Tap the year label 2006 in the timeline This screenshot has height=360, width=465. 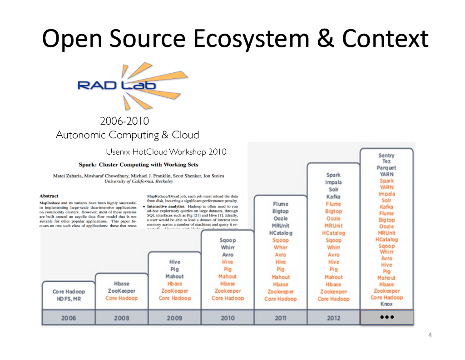[x=69, y=318]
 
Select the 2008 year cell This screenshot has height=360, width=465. [x=121, y=318]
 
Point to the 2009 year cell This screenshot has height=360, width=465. [x=174, y=318]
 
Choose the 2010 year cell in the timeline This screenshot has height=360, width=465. [x=228, y=318]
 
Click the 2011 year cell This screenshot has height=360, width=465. [x=280, y=318]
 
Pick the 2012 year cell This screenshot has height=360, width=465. [x=333, y=318]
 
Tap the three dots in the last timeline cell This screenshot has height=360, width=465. [x=386, y=317]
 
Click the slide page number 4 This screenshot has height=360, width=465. [x=430, y=336]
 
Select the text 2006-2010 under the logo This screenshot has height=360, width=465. [x=124, y=122]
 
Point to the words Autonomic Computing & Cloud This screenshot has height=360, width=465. [x=127, y=135]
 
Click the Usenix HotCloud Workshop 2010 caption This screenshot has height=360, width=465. [x=166, y=152]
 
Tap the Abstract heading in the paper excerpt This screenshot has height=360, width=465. [x=49, y=196]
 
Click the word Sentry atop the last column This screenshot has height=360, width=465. [x=386, y=155]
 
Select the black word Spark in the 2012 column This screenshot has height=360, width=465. [x=333, y=175]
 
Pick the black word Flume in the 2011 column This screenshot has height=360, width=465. [x=280, y=204]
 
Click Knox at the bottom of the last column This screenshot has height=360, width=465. [x=386, y=304]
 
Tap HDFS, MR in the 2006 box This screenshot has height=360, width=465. [x=69, y=299]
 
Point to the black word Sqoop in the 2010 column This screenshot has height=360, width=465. [x=228, y=240]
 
